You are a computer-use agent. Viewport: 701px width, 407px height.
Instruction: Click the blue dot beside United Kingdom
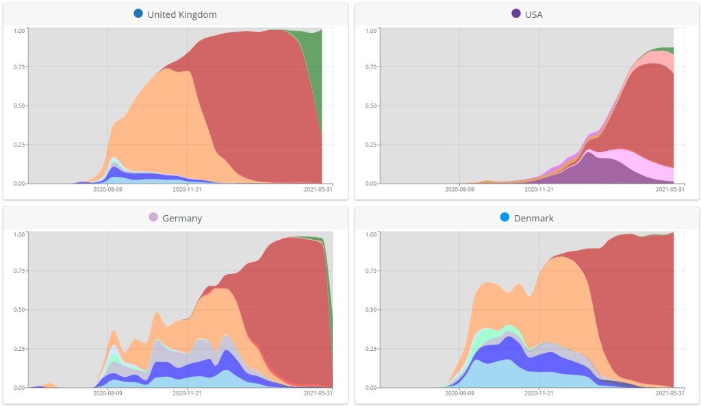pos(138,14)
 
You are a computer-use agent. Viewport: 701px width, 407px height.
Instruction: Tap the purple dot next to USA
pos(516,14)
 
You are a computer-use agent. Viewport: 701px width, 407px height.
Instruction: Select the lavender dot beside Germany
pos(153,217)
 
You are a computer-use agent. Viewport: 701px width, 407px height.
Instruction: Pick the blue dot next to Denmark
pos(505,217)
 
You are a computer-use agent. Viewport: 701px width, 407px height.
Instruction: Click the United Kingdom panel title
pos(182,14)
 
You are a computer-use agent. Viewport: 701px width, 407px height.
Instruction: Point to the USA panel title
pos(533,14)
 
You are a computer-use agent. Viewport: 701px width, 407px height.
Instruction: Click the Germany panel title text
pos(182,219)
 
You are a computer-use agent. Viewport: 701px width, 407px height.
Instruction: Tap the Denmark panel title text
pos(534,219)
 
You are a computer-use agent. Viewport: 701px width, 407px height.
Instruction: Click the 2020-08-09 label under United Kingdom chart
pos(107,190)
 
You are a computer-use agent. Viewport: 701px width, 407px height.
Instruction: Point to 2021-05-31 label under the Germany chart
pos(318,394)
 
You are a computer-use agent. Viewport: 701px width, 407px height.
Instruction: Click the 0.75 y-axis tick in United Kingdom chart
pos(19,67)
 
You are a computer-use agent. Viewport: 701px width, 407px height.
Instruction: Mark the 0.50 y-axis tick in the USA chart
pos(371,106)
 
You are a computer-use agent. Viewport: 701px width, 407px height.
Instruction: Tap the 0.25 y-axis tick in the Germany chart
pos(19,349)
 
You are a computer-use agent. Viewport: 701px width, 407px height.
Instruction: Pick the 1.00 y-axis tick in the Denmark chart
pos(371,234)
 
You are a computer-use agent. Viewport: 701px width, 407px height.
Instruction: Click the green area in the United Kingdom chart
pos(314,69)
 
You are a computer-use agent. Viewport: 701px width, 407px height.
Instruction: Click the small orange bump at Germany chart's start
pos(49,385)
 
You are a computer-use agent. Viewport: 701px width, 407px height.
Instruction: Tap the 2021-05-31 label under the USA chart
pos(670,190)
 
